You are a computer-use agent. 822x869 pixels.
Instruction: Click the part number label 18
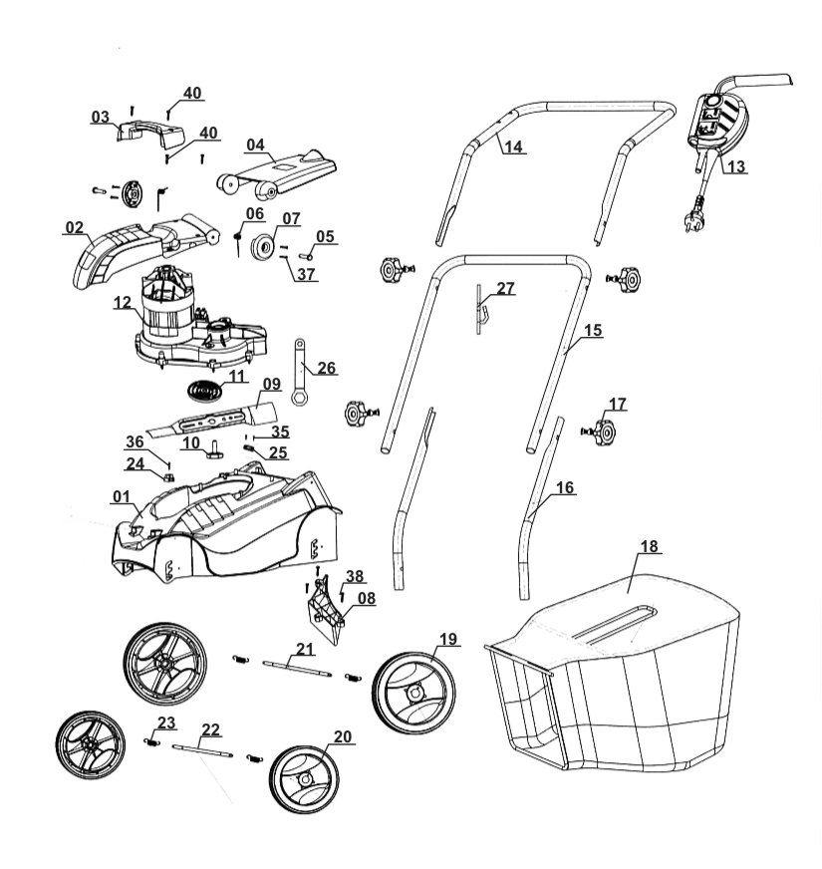[650, 547]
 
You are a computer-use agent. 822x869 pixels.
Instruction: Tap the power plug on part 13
[692, 223]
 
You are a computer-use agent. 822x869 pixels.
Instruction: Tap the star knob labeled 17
[603, 431]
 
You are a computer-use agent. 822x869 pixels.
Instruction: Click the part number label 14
[513, 147]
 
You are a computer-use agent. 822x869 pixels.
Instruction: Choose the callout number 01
[122, 496]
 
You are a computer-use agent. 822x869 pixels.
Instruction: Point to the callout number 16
[565, 488]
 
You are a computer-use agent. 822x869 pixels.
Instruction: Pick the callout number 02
[74, 228]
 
